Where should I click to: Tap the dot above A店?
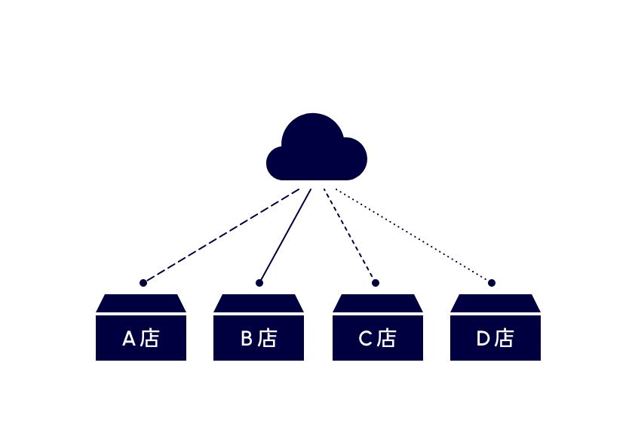click(x=143, y=283)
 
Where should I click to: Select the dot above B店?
click(x=259, y=283)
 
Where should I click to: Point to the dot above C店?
click(x=376, y=283)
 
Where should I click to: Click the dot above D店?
click(x=492, y=283)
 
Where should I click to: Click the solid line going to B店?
click(x=285, y=236)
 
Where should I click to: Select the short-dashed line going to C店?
click(x=350, y=236)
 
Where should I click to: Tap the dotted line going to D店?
click(x=413, y=236)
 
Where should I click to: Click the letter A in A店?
click(x=129, y=339)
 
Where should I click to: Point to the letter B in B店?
click(x=247, y=339)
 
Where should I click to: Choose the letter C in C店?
click(x=365, y=339)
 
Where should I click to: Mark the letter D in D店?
click(x=483, y=339)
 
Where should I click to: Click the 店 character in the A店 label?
click(x=150, y=338)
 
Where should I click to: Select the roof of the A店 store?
click(x=141, y=303)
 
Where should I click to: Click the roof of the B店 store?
click(x=259, y=303)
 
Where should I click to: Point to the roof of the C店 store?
click(x=377, y=303)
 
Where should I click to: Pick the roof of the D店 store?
click(x=495, y=303)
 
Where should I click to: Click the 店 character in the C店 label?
click(x=386, y=338)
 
